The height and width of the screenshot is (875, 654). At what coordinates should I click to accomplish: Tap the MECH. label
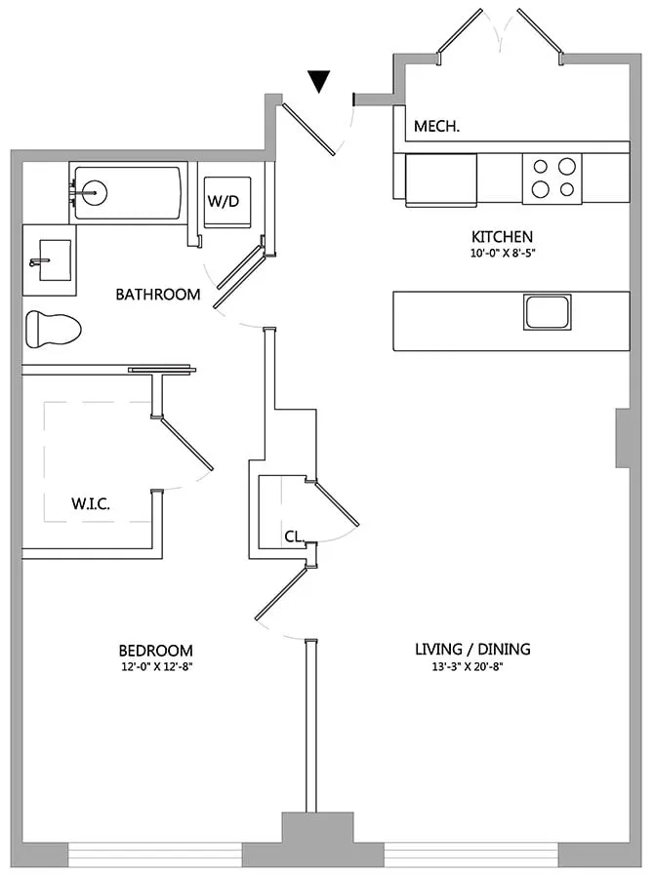point(436,127)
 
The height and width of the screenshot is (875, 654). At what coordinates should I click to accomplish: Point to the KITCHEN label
point(502,237)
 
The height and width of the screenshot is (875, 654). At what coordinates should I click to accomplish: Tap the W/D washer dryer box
point(227,202)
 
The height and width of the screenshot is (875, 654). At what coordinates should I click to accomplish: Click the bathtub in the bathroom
point(126,193)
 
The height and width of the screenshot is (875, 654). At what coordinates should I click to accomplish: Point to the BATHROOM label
point(157,294)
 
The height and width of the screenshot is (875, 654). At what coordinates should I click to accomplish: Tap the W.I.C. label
point(90,504)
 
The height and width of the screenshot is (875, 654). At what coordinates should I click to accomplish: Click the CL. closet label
point(295,536)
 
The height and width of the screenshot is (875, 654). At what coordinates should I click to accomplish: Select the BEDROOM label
point(155,651)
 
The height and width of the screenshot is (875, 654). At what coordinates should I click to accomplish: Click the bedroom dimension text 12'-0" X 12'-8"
point(155,668)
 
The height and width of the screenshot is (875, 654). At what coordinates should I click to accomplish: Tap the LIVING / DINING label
point(472,649)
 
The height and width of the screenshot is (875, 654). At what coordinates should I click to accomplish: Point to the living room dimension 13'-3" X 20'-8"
point(472,667)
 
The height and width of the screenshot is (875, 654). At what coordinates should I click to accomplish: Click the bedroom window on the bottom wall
point(155,854)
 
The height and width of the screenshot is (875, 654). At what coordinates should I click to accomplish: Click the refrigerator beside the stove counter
point(441,179)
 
